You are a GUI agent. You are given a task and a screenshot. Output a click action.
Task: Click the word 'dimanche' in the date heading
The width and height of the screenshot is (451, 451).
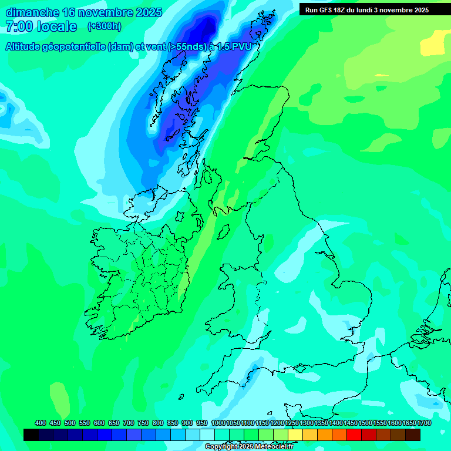click(33, 12)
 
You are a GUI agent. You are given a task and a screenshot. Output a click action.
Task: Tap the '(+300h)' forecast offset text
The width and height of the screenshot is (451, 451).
click(104, 26)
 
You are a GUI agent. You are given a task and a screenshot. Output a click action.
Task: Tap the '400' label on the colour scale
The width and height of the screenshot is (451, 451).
click(41, 423)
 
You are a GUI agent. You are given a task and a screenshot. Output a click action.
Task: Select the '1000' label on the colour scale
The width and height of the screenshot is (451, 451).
click(218, 423)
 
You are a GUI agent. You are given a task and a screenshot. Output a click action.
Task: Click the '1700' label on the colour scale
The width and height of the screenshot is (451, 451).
click(424, 423)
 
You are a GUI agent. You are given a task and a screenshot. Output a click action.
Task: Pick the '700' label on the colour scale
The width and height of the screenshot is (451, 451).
click(129, 423)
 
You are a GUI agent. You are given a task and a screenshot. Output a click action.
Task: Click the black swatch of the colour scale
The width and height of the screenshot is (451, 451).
click(31, 435)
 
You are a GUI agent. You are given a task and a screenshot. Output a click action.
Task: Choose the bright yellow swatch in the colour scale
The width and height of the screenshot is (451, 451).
click(295, 435)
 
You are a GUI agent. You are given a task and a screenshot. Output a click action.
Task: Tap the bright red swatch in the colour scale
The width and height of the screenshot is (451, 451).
click(354, 435)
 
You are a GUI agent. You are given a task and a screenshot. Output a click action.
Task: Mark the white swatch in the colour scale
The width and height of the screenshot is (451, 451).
click(207, 435)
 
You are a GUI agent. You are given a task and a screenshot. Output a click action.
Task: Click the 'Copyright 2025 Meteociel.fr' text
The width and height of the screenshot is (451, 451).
click(249, 447)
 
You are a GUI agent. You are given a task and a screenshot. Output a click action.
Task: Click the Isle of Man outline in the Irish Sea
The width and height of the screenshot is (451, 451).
click(223, 231)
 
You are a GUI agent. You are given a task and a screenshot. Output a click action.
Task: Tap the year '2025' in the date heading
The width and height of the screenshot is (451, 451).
click(149, 12)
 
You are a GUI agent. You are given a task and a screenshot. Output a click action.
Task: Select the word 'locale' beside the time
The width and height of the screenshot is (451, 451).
click(57, 26)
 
